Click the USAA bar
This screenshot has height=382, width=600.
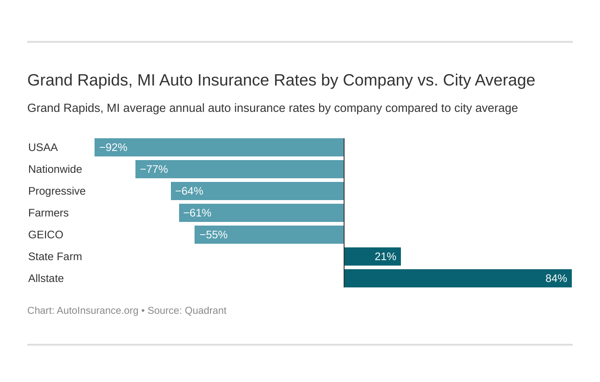click(x=219, y=147)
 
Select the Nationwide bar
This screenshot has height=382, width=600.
click(x=240, y=169)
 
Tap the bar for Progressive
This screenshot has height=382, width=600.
click(x=257, y=191)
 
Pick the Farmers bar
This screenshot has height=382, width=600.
click(x=261, y=213)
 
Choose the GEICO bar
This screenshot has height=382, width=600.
click(x=269, y=235)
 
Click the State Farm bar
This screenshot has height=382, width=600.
click(x=372, y=256)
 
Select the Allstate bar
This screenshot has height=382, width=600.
click(x=458, y=278)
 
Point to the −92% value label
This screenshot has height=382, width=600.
click(x=113, y=147)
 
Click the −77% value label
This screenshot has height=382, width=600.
click(x=154, y=169)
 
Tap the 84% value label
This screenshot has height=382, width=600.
click(x=556, y=278)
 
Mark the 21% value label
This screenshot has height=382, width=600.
click(x=385, y=256)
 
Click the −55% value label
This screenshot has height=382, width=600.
click(x=213, y=235)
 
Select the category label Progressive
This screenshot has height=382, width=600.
click(x=57, y=191)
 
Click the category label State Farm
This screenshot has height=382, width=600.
click(x=55, y=256)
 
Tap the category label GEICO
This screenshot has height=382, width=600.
click(x=45, y=235)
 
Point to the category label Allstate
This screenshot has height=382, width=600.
click(x=46, y=278)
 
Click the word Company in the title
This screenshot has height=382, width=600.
click(x=377, y=80)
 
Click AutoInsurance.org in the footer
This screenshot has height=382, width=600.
click(x=97, y=311)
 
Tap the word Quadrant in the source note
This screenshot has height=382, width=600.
click(x=205, y=311)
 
